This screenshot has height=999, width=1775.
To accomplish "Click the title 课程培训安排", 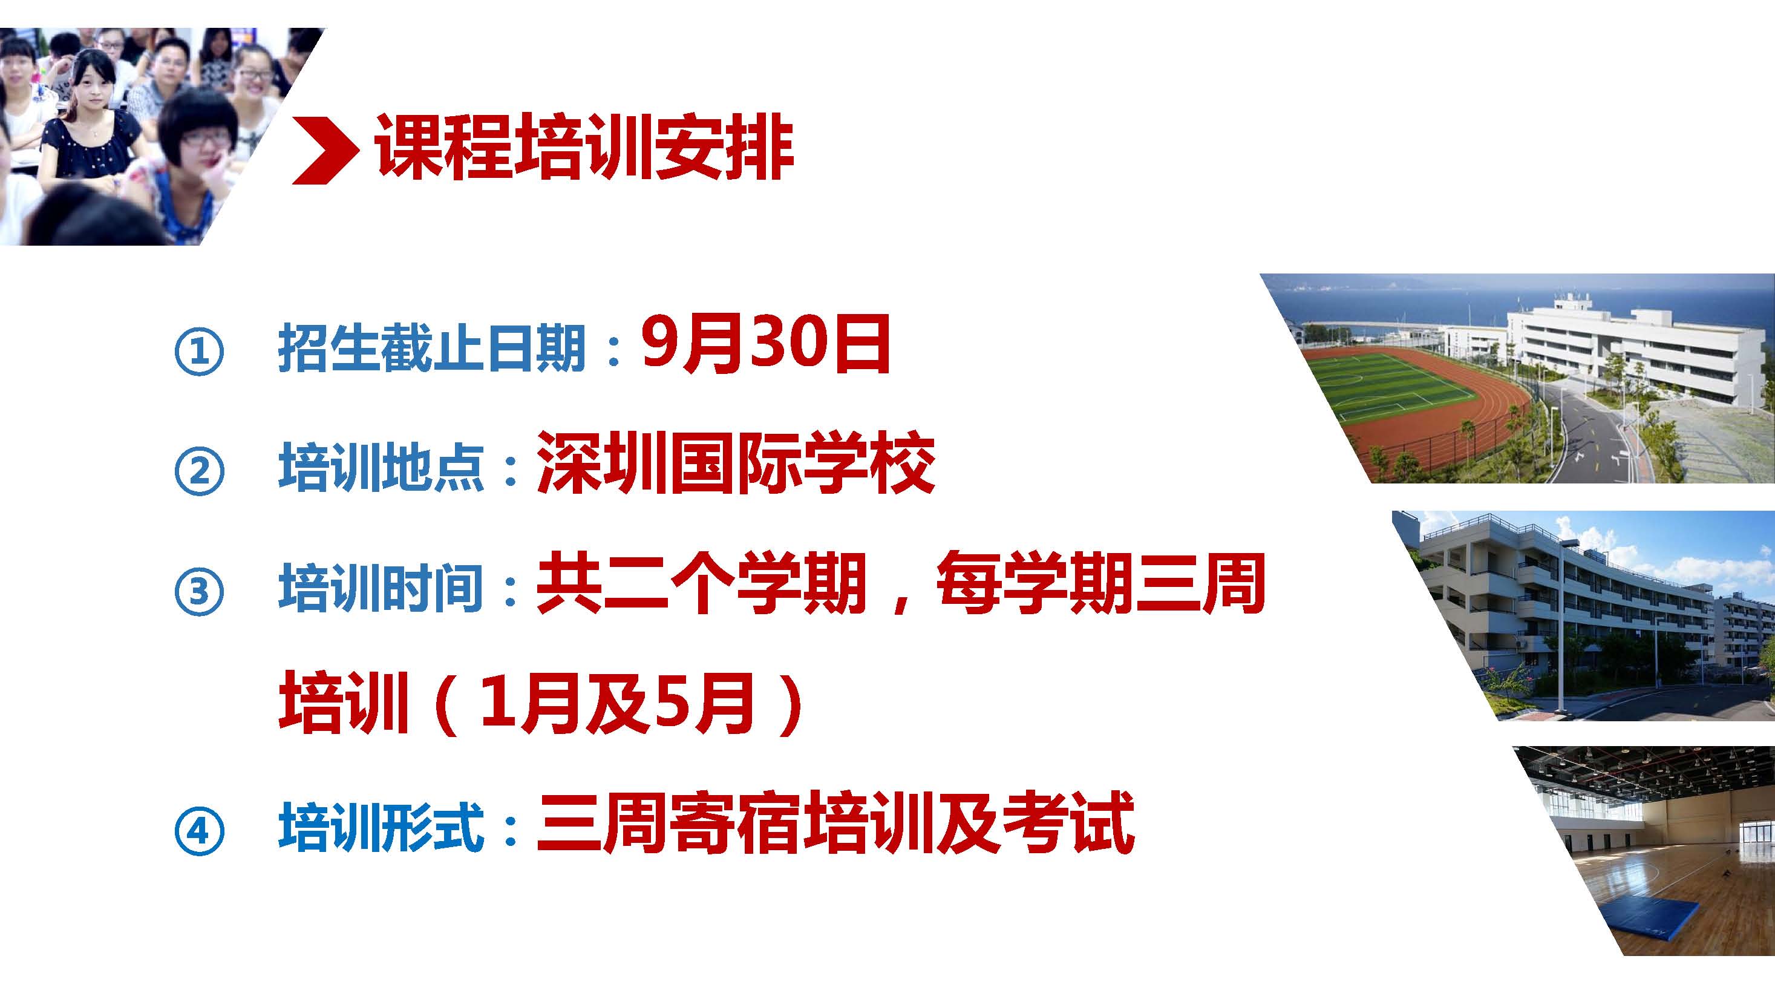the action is [584, 149].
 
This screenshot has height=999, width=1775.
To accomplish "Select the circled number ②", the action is [199, 471].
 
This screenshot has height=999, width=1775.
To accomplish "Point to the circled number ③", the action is [199, 591].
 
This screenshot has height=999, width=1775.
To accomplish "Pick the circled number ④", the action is [199, 830].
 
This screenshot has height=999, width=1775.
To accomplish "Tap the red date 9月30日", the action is [765, 344].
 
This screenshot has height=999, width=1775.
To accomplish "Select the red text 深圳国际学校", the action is [736, 463].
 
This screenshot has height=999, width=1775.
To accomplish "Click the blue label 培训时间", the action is [381, 587].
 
